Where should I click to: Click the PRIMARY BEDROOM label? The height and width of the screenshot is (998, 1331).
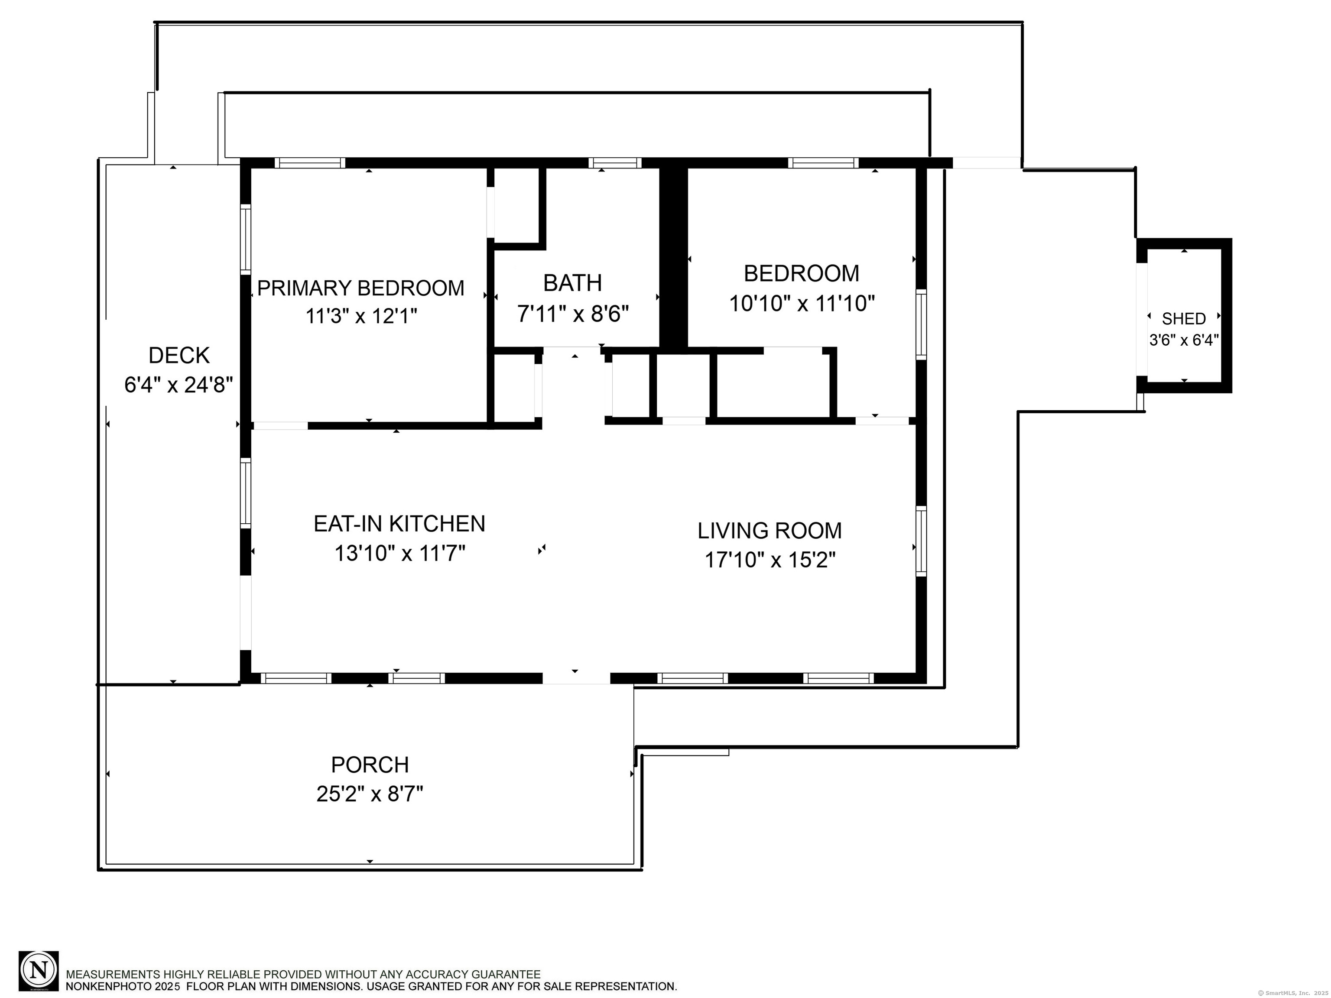click(x=360, y=288)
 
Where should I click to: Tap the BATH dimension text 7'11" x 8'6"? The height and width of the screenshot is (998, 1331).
click(x=573, y=314)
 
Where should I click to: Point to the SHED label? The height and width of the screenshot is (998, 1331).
click(x=1184, y=318)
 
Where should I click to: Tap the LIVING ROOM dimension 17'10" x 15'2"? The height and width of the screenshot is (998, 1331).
click(x=770, y=560)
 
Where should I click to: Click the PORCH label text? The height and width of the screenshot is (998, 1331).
click(x=370, y=765)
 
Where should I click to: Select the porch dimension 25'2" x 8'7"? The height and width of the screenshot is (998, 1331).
click(x=370, y=795)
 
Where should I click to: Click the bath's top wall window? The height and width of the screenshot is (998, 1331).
click(x=614, y=162)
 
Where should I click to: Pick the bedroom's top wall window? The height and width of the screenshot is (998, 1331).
click(x=822, y=162)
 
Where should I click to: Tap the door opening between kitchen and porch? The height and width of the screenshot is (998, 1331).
click(x=576, y=678)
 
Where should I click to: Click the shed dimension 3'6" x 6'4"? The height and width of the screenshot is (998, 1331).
click(x=1184, y=340)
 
